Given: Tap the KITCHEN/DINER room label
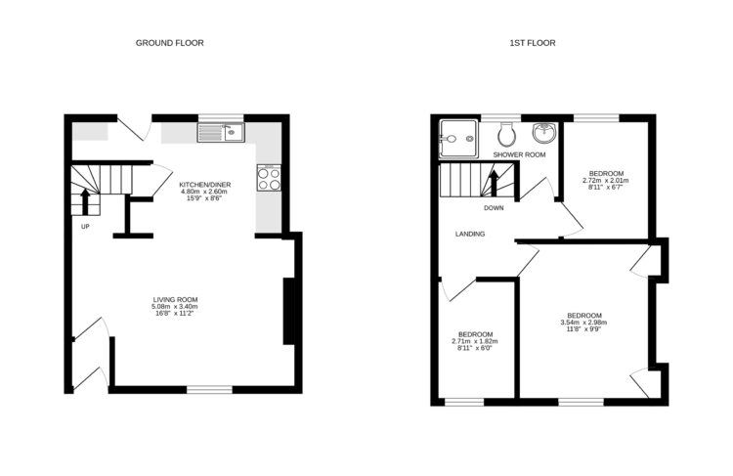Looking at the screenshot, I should click(x=204, y=184).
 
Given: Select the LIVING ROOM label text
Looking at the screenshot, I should click(x=176, y=299).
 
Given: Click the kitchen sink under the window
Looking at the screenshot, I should click(x=223, y=132).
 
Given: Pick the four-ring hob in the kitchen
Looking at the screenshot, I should click(x=269, y=179).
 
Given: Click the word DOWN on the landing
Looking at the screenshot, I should click(x=494, y=207).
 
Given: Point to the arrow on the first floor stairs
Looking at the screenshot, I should click(x=494, y=182).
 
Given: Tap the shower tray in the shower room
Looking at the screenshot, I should click(x=456, y=138).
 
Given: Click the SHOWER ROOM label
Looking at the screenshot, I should click(x=519, y=155).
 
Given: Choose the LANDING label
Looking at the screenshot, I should click(x=470, y=234).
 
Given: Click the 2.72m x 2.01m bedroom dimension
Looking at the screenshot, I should click(x=606, y=181).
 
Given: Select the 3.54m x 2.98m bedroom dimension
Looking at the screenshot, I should click(x=584, y=323).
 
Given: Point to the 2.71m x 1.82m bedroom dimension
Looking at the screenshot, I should click(x=476, y=341).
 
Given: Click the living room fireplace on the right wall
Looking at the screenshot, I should click(x=288, y=311).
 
